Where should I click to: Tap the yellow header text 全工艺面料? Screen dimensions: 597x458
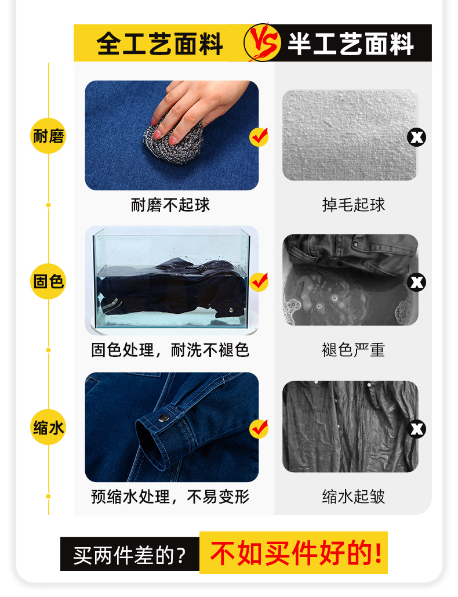pos(160,44)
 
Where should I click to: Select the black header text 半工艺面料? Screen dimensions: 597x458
pos(350,44)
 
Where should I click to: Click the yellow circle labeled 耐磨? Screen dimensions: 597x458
pos(48,137)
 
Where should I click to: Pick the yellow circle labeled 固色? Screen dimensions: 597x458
pos(48,282)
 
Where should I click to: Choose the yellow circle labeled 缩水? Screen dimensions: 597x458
pos(48,428)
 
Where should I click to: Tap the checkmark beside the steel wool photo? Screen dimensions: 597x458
pos(259,137)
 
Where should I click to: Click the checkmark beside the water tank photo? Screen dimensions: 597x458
pos(259,282)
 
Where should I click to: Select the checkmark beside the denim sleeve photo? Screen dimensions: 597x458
pos(259,429)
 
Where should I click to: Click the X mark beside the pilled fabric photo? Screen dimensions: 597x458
pos(417,137)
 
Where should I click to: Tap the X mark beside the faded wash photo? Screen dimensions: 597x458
pos(417,282)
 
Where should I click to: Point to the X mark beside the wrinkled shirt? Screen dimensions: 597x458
pos(417,429)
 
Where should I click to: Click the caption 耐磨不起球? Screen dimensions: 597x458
pos(170,205)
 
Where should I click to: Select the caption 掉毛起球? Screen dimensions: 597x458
pos(354,205)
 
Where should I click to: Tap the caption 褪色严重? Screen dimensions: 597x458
pos(354,350)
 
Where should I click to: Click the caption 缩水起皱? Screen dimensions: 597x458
pos(354,497)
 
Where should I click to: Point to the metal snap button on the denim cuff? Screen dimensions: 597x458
pos(165,417)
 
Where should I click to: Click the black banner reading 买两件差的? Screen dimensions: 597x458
pos(130,556)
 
